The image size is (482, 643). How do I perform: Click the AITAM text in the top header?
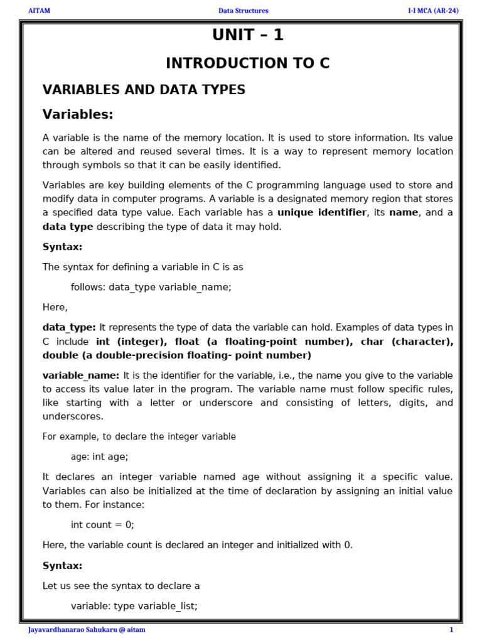(x=39, y=11)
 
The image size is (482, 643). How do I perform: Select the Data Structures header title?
(x=243, y=11)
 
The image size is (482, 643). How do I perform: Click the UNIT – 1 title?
(x=247, y=36)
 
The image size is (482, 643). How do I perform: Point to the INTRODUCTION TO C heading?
(x=247, y=63)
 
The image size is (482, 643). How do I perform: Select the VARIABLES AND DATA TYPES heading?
(x=144, y=90)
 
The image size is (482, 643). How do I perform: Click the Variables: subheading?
(x=78, y=114)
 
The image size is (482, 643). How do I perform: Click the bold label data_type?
(x=69, y=327)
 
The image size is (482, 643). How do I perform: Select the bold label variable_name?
(x=81, y=375)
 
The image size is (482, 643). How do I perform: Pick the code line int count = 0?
(x=102, y=524)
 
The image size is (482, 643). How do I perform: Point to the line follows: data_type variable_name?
(x=151, y=287)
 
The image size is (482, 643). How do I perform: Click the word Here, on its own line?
(x=55, y=307)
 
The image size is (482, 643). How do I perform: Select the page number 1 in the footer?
(x=451, y=630)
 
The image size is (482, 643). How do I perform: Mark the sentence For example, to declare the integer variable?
(x=139, y=436)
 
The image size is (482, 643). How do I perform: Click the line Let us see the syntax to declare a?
(x=121, y=586)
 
